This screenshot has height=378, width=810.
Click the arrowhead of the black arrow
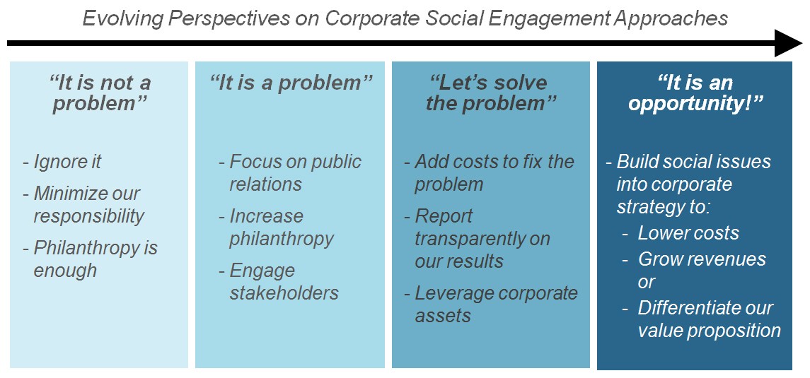click(x=788, y=43)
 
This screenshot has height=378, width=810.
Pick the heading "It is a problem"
click(x=291, y=83)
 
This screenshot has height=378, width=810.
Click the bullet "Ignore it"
click(x=62, y=161)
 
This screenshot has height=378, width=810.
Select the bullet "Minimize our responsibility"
click(x=83, y=205)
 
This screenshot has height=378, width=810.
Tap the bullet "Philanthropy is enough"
click(x=91, y=259)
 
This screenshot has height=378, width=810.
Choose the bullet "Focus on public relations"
click(x=290, y=172)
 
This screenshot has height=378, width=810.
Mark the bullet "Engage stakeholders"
click(x=279, y=282)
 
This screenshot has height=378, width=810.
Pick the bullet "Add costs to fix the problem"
click(x=490, y=172)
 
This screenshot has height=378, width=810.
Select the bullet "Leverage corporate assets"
click(x=491, y=304)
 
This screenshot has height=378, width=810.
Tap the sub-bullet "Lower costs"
click(x=681, y=232)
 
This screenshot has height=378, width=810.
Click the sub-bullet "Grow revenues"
click(x=694, y=259)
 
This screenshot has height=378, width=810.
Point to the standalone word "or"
click(x=647, y=283)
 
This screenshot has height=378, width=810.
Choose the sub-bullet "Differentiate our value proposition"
click(x=702, y=319)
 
